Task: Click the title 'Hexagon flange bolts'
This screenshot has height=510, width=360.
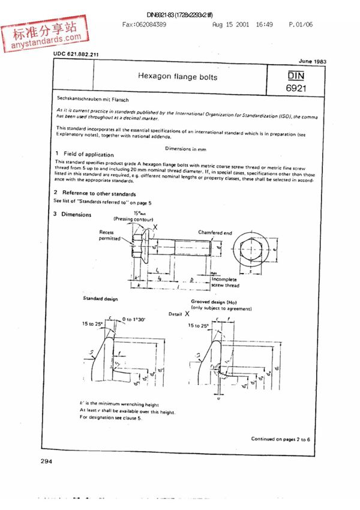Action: (178, 77)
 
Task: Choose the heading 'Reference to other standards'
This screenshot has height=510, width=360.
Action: (99, 194)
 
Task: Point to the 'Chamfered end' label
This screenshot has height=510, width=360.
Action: (215, 232)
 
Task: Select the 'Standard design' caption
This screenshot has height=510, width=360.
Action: (101, 298)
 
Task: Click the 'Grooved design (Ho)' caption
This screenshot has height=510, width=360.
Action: (215, 302)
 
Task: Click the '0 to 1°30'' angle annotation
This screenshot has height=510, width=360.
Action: (134, 319)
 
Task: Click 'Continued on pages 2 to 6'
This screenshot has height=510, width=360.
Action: (281, 439)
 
